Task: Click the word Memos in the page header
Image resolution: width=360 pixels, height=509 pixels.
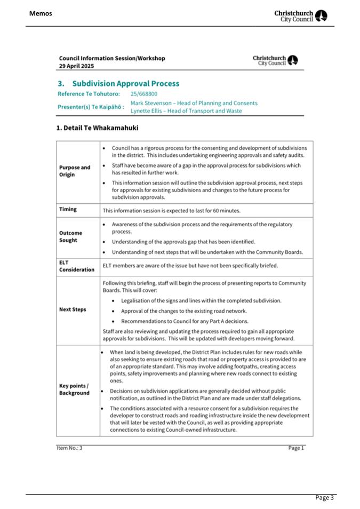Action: coord(41,13)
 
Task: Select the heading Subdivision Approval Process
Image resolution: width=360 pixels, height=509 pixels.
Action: coord(125,84)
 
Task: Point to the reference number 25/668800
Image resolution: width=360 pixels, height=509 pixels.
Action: coord(144,94)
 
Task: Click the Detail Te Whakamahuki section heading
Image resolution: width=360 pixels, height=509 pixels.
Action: coord(98,129)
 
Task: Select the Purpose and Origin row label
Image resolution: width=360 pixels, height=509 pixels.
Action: coord(74,171)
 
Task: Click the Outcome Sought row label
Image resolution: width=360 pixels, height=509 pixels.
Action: coord(70,236)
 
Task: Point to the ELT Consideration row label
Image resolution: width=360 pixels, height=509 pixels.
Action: coord(76,266)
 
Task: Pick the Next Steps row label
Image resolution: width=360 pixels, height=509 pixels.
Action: coord(73,309)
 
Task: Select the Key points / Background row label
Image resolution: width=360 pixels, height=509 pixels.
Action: coord(74,389)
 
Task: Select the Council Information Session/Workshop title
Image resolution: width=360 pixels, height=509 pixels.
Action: coord(112,58)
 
